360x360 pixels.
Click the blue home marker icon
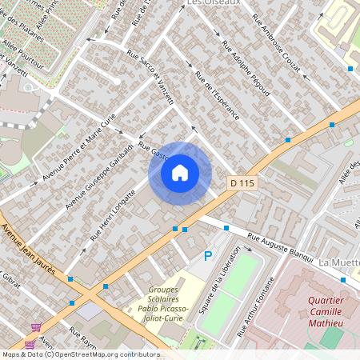(x=180, y=173)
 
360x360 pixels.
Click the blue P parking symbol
(x=208, y=256)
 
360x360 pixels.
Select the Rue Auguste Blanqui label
(x=279, y=247)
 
